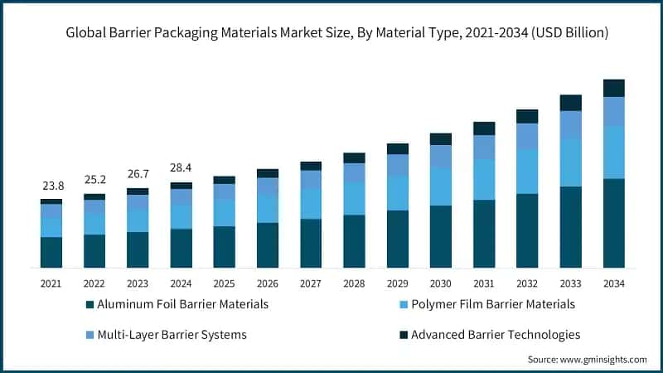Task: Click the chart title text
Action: pos(331,33)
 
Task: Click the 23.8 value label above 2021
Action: pos(51,186)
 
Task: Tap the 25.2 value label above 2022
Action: pos(94,180)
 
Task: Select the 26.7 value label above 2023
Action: pos(138,174)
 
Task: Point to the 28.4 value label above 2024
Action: pos(181,168)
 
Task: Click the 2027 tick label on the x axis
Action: pos(311,283)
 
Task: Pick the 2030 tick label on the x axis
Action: pos(440,283)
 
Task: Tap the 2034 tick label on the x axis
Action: pos(613,283)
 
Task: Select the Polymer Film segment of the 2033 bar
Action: pos(570,161)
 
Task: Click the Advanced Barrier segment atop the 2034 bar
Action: pos(613,88)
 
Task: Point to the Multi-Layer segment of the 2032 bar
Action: pos(527,137)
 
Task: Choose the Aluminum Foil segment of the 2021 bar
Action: pos(51,252)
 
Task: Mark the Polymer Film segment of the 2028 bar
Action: pos(354,198)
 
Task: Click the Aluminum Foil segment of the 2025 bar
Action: pos(224,246)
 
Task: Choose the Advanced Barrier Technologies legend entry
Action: pos(489,335)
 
